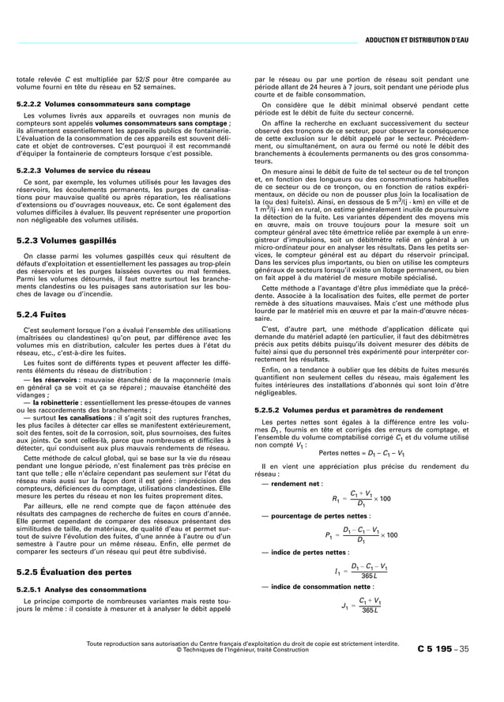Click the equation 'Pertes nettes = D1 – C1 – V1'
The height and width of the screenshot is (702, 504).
363,453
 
